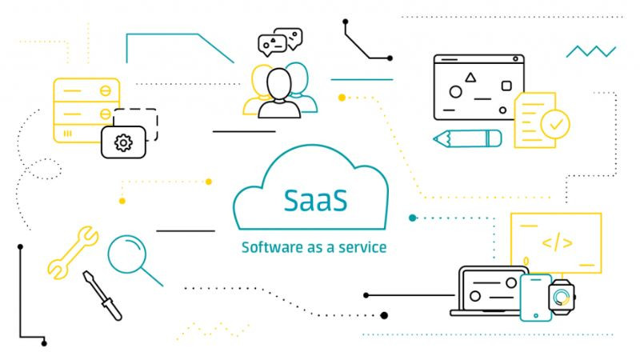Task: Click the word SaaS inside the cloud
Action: pos(314,200)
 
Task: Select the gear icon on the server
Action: pos(123,143)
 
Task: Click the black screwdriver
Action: pos(102,295)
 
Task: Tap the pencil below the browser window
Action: pos(467,138)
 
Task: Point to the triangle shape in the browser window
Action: pos(470,78)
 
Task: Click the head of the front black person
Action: pos(278,82)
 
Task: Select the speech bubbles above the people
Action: pos(280,42)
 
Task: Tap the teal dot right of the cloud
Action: pos(413,218)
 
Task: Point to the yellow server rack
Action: pos(84,112)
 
